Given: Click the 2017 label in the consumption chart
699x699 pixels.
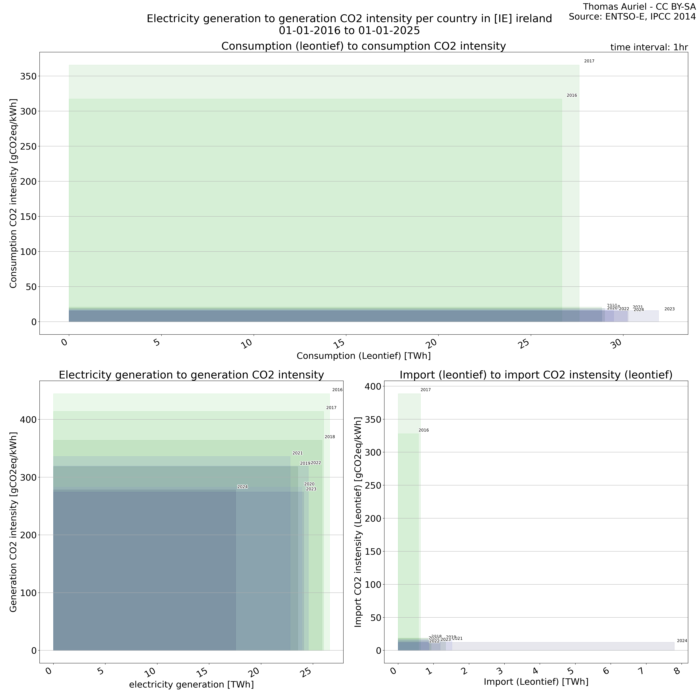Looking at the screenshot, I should coord(589,61).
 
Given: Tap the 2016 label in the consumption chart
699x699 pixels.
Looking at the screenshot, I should coord(572,96).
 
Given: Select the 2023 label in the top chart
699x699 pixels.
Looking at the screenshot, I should coord(669,309).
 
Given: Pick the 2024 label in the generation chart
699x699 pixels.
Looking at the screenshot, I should coord(242,487).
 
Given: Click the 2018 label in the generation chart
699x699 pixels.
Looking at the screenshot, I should coord(330,437).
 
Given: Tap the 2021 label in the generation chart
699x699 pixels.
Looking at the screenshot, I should coord(297,453).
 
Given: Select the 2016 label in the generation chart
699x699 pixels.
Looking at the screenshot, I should coord(337,390).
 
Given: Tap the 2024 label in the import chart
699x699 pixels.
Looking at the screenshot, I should coord(682,640).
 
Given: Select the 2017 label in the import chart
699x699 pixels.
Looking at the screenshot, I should coord(426,390).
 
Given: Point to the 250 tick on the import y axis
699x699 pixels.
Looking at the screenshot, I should coord(373,485).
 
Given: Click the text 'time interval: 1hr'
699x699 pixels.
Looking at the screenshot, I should coord(649,47).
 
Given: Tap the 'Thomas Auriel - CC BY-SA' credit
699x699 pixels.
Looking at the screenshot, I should coord(639,7).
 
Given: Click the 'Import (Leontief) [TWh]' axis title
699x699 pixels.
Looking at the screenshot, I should coord(536,682).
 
